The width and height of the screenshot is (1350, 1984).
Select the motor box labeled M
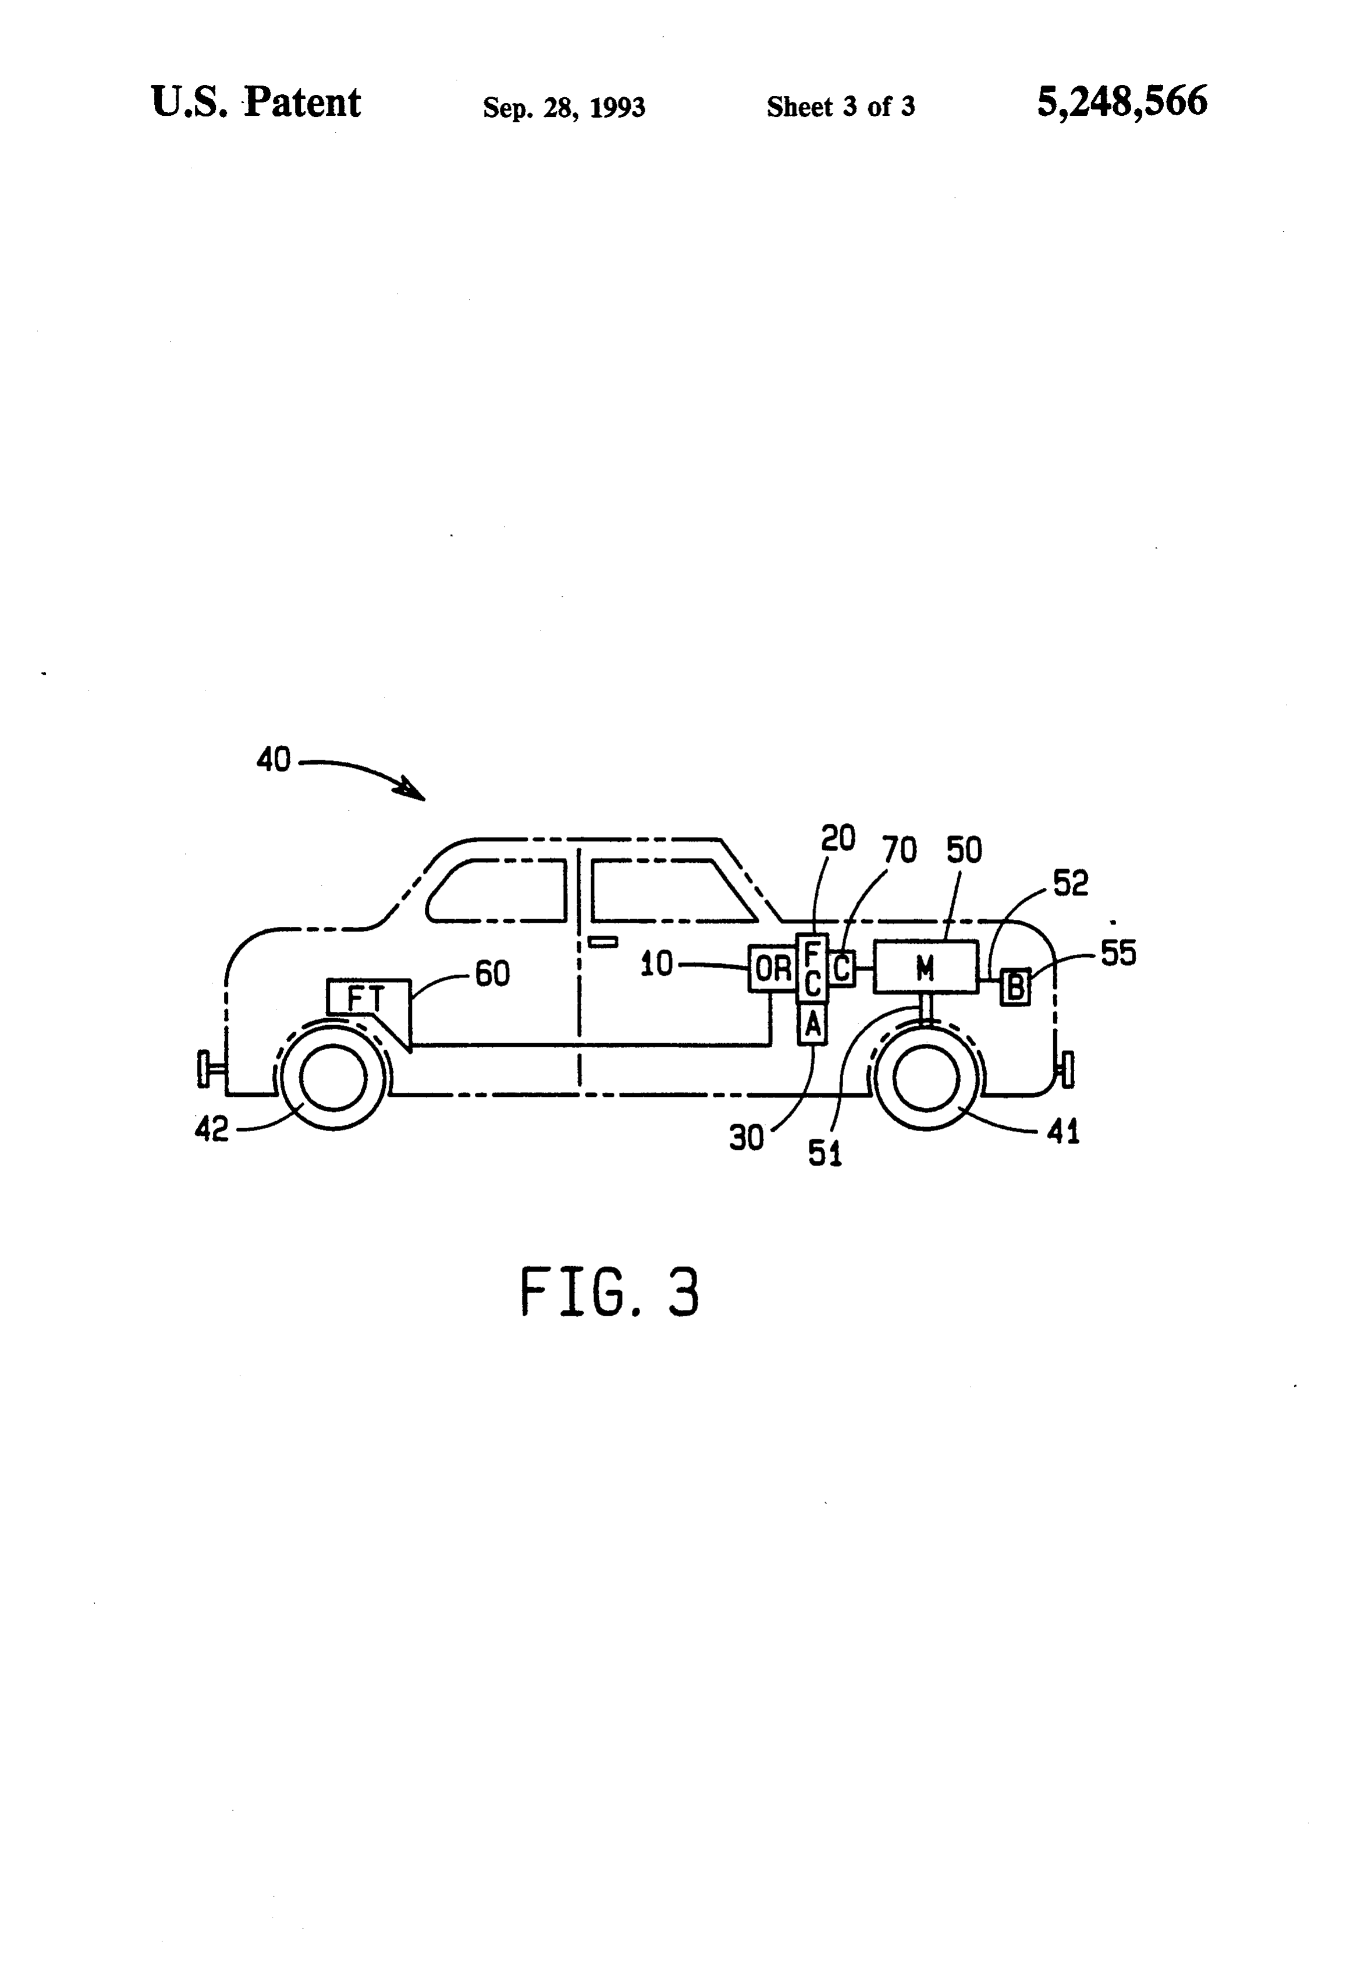926,966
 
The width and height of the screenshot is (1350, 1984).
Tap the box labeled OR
772,968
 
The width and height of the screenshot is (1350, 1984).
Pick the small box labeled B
1015,987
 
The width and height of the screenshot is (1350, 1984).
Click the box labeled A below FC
812,1023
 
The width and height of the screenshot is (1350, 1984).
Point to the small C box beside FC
841,968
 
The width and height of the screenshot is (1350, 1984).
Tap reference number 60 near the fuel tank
492,973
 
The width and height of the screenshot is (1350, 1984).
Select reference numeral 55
1118,953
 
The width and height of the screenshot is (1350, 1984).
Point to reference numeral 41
1063,1132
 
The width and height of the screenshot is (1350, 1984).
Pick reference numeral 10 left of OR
657,964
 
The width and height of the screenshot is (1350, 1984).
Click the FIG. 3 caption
609,1292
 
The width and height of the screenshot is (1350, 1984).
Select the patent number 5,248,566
1122,102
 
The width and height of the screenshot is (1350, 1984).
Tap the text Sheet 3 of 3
841,107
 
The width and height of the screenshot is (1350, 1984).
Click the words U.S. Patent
256,102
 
